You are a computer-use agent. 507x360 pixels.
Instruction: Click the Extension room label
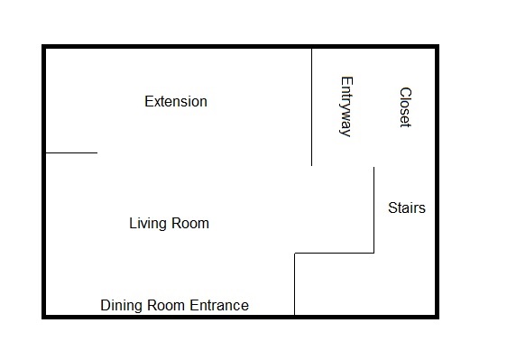[x=176, y=102]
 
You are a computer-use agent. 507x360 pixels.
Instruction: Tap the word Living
[x=148, y=224]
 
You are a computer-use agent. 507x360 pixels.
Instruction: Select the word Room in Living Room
[x=189, y=223]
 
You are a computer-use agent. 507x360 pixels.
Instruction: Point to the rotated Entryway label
[x=346, y=106]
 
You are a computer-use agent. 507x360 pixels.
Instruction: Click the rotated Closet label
[x=405, y=107]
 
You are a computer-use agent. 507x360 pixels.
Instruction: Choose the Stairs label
[x=407, y=208]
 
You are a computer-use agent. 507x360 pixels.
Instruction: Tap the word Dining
[x=121, y=306]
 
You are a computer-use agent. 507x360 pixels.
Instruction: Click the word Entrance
[x=219, y=305]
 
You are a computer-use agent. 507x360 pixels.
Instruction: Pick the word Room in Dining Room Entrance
[x=166, y=305]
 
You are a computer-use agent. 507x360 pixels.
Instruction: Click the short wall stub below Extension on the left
[x=71, y=152]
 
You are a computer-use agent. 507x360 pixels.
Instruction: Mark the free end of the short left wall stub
[x=97, y=152]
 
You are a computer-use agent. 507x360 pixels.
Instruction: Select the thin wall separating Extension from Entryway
[x=312, y=107]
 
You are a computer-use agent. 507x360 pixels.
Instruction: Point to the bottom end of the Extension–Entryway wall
[x=312, y=166]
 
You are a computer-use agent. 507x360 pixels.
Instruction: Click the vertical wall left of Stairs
[x=374, y=210]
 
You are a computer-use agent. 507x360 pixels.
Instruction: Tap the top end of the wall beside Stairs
[x=374, y=167]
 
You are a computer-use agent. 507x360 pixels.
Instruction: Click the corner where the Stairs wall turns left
[x=374, y=253]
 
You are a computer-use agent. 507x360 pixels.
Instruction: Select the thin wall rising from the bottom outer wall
[x=295, y=283]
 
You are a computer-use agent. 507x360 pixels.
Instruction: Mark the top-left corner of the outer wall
[x=44, y=47]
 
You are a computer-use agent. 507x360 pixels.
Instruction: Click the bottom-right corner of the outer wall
[x=437, y=317]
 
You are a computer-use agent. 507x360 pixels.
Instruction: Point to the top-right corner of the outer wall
[x=437, y=47]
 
